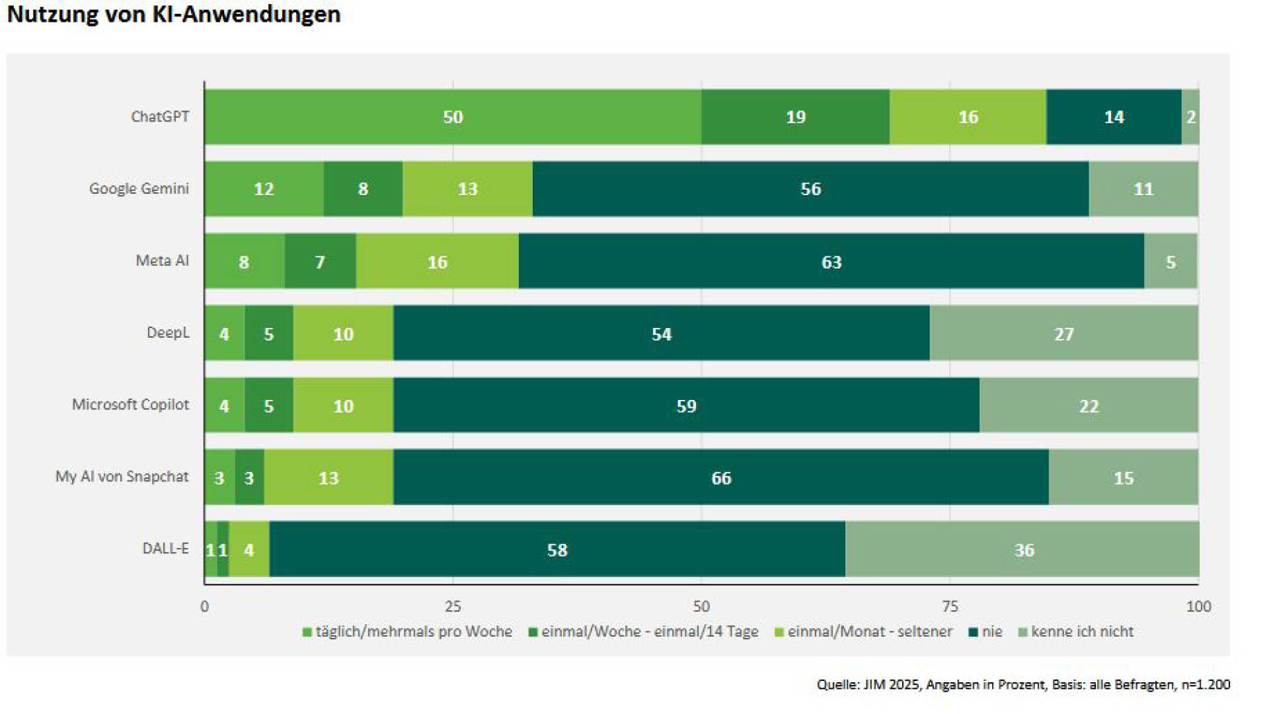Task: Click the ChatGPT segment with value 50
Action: (x=453, y=117)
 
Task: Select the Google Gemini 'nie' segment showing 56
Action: (x=810, y=189)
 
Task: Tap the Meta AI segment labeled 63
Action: (x=831, y=262)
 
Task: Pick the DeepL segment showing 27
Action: (x=1063, y=334)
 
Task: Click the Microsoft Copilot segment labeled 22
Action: (x=1089, y=406)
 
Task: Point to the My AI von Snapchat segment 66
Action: (x=721, y=478)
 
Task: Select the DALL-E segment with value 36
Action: (x=1023, y=550)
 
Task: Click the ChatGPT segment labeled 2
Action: (x=1190, y=117)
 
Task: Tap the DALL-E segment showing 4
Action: (x=249, y=550)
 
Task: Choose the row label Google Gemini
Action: (x=139, y=189)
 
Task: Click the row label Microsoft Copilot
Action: (x=130, y=405)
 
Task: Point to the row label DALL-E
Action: (x=165, y=549)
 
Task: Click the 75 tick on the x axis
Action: (x=949, y=606)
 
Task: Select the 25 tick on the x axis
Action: (x=453, y=606)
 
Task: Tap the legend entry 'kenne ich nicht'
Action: (x=1081, y=632)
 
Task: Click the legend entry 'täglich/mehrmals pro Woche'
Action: (x=413, y=632)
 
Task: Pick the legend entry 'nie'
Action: (x=991, y=632)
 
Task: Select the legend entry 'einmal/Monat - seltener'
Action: (x=869, y=632)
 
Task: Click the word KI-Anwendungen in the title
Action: (x=247, y=15)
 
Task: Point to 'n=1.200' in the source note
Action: (x=1206, y=685)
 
